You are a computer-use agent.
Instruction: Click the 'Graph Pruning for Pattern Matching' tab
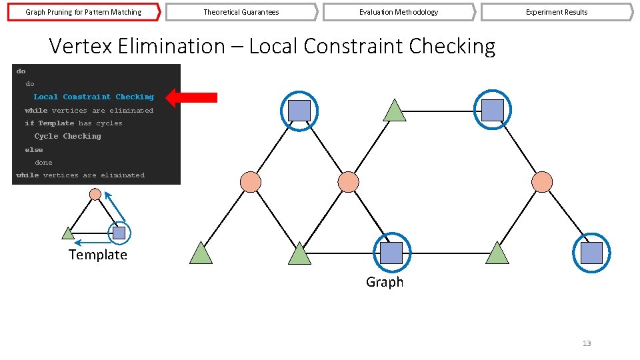point(83,12)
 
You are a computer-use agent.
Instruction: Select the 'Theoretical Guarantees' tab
point(241,12)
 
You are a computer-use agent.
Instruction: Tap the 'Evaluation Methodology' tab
point(398,12)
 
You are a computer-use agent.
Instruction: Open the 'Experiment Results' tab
point(556,12)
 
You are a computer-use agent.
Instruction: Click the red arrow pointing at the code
point(191,97)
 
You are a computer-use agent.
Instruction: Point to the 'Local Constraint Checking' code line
point(93,97)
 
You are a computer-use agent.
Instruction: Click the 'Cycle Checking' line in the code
point(68,137)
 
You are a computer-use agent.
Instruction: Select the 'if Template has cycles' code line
point(73,123)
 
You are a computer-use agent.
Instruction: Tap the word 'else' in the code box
point(34,150)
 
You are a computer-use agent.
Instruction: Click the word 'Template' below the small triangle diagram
point(97,255)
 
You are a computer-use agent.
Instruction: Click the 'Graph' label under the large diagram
point(385,282)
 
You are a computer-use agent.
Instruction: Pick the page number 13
point(587,343)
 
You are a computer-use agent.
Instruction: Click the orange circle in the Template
point(95,194)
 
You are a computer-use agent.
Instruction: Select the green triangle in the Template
point(68,233)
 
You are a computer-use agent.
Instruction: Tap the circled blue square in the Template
point(119,233)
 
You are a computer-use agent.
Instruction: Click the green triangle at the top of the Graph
point(395,111)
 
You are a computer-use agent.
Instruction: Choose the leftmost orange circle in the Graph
point(250,181)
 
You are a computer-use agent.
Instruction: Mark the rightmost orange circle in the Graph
point(542,181)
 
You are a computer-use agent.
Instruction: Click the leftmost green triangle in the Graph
point(201,254)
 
